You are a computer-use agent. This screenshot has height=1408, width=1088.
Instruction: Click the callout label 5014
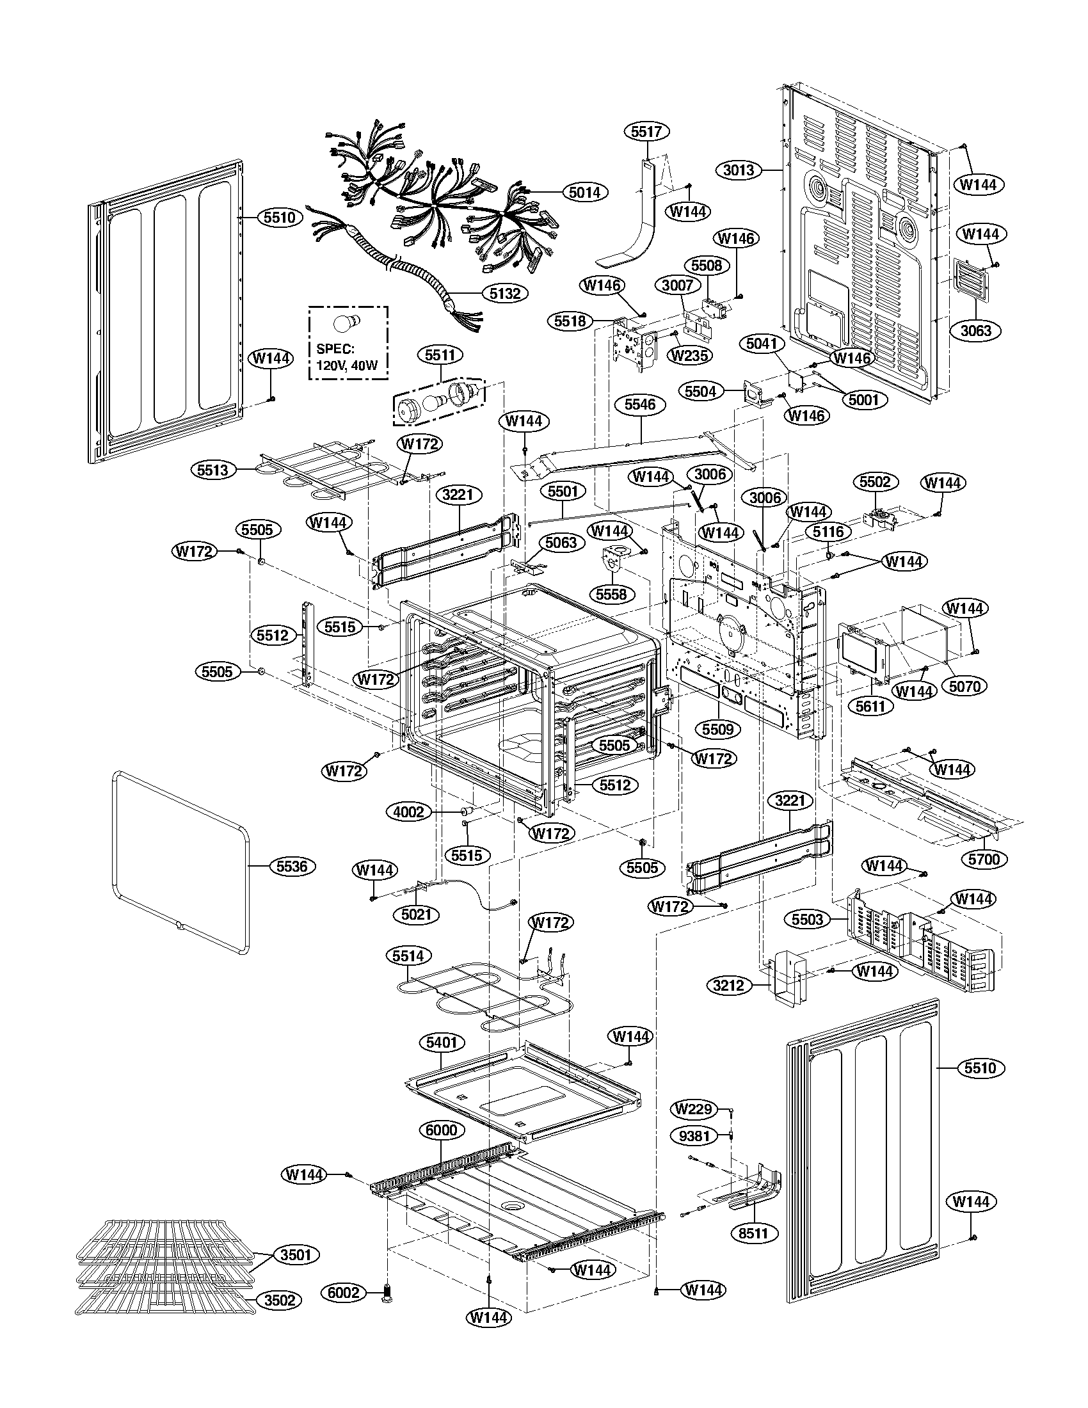click(584, 191)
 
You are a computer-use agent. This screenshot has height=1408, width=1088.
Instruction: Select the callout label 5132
click(505, 293)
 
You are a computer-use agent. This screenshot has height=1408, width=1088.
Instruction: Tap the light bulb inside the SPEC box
click(349, 323)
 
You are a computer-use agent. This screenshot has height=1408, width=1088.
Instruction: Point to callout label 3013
click(738, 170)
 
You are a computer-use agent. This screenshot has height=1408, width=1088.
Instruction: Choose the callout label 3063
click(976, 331)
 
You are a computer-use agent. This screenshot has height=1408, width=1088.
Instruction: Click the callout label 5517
click(646, 131)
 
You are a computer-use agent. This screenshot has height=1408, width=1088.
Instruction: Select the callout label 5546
click(640, 404)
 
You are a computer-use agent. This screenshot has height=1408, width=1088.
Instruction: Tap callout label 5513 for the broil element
click(213, 470)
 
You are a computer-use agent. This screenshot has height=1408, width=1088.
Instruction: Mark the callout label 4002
click(408, 812)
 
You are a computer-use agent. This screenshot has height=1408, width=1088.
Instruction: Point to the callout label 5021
click(417, 914)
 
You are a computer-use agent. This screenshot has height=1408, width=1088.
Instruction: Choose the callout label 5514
click(408, 956)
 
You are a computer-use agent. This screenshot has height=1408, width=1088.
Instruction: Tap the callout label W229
click(694, 1109)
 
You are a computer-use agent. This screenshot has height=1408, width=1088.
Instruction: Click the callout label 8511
click(754, 1233)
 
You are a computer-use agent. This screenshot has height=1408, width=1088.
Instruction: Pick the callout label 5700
click(984, 860)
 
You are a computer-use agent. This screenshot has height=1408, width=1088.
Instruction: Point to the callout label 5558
click(611, 594)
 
